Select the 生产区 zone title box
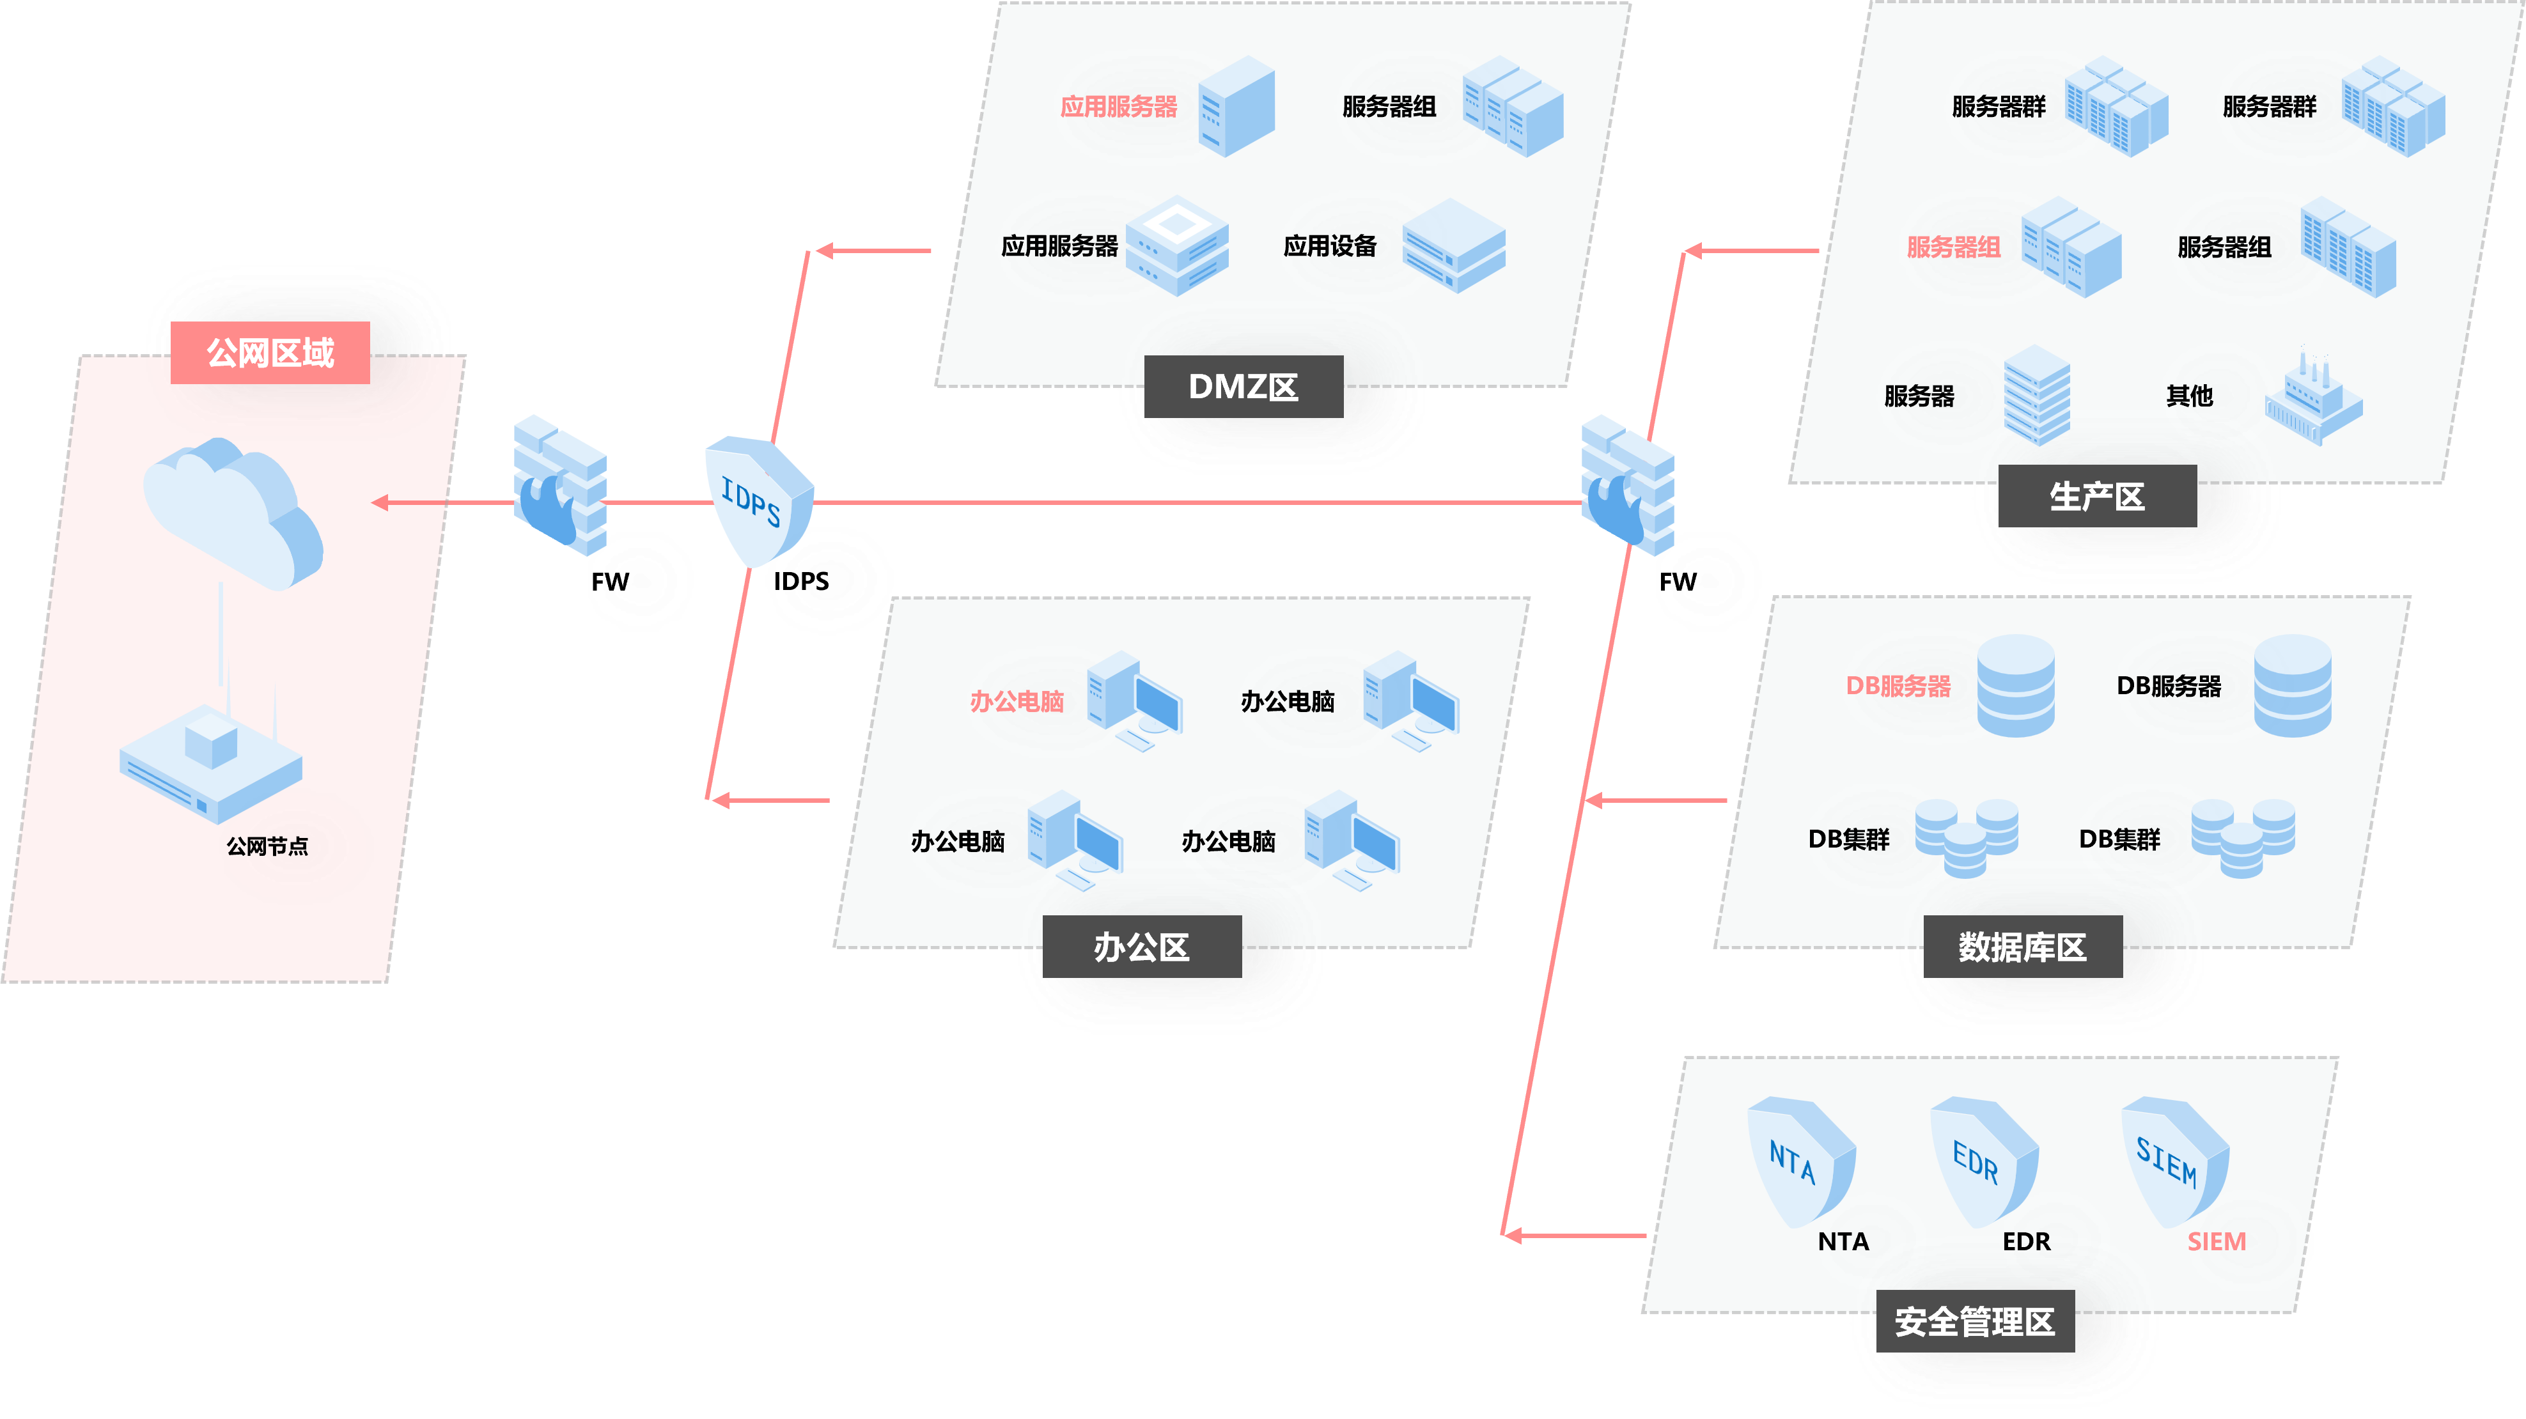(2096, 496)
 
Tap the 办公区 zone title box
(1141, 947)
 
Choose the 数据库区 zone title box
(2022, 947)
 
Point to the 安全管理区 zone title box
(1974, 1321)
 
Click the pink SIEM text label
(2216, 1241)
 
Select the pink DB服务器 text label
(1898, 685)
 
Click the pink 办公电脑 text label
(1016, 701)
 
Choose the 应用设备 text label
(1330, 246)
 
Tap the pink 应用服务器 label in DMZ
(1118, 107)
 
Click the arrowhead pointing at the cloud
(380, 503)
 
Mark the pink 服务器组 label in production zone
(1953, 247)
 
